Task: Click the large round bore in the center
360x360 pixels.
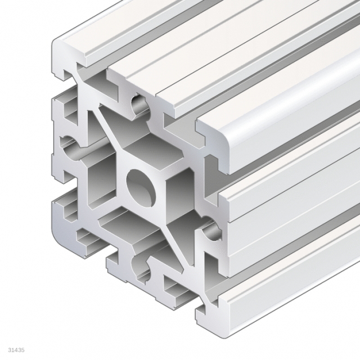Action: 141,188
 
